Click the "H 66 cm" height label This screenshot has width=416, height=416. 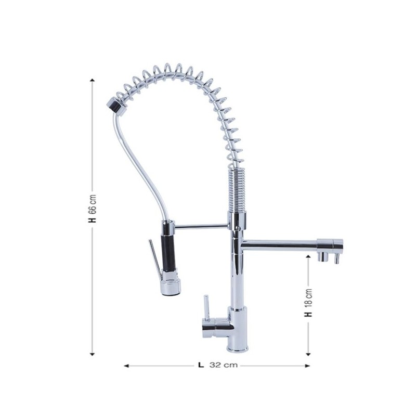[x=93, y=208]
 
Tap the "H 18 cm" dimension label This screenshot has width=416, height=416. [x=308, y=304]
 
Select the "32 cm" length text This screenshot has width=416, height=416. [x=224, y=365]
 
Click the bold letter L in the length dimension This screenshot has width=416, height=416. [x=201, y=365]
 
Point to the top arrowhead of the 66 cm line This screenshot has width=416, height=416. [x=93, y=80]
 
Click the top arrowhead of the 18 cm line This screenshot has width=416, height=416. [x=308, y=258]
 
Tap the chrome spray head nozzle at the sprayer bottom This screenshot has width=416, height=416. [x=171, y=285]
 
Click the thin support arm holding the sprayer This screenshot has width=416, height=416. [x=203, y=226]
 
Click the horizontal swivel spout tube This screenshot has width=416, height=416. [x=281, y=243]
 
